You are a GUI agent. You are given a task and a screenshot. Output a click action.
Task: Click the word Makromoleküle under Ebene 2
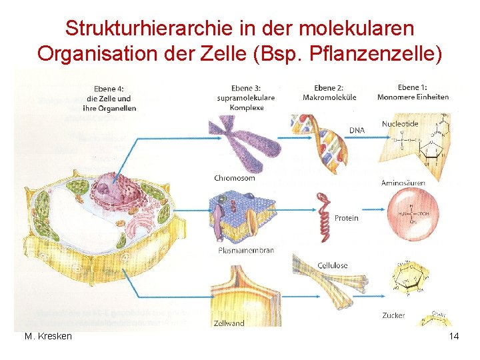click(329, 97)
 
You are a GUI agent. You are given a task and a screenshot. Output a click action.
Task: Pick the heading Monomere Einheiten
click(413, 97)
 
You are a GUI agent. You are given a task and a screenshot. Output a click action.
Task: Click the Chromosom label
click(235, 178)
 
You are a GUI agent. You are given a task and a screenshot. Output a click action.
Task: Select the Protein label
click(346, 218)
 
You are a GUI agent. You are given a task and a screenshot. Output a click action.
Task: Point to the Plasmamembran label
click(246, 251)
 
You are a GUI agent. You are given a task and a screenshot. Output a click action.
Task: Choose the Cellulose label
click(332, 265)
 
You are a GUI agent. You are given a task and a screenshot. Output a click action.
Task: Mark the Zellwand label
click(229, 323)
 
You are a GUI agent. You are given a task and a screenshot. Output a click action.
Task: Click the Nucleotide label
click(400, 123)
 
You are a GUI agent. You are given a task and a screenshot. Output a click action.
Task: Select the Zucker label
click(394, 315)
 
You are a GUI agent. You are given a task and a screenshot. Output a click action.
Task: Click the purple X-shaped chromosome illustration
click(243, 143)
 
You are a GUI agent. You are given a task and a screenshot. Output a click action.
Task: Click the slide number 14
click(454, 336)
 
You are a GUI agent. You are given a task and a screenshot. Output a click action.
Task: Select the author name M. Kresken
click(48, 336)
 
